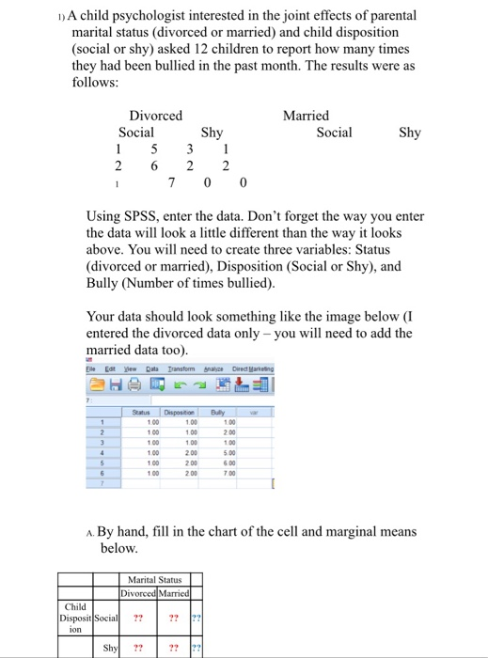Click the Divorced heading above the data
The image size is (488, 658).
pyautogui.click(x=155, y=116)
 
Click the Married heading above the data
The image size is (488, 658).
pyautogui.click(x=306, y=116)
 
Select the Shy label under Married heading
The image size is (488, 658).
pyautogui.click(x=410, y=133)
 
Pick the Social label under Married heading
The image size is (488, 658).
pyautogui.click(x=334, y=133)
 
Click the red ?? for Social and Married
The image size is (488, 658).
pyautogui.click(x=174, y=618)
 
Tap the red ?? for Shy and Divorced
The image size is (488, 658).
pyautogui.click(x=138, y=649)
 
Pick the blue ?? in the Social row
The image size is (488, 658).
pyautogui.click(x=196, y=618)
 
